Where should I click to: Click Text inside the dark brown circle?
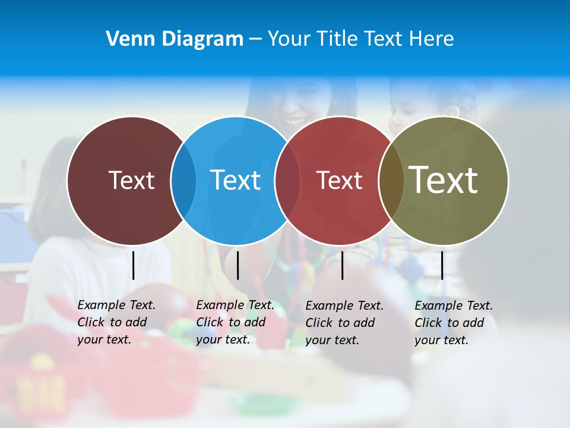[x=131, y=180]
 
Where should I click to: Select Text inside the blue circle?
[x=235, y=180]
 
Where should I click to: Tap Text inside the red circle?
[x=339, y=180]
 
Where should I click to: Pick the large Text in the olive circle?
[x=444, y=180]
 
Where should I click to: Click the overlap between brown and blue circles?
[x=183, y=181]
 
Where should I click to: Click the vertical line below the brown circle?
[x=134, y=265]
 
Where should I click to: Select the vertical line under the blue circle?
[x=237, y=265]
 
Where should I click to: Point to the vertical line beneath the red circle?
[x=343, y=265]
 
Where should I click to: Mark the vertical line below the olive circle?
[x=442, y=265]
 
